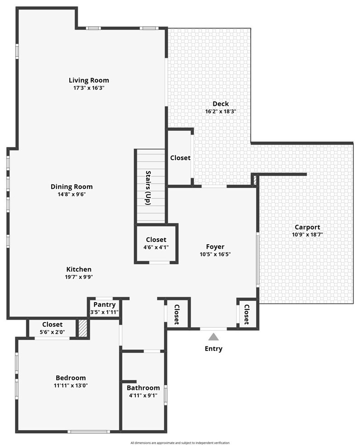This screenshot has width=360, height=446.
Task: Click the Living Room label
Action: [89, 80]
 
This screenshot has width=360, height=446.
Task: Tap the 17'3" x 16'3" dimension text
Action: [89, 88]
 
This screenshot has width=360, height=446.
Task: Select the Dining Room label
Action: [71, 187]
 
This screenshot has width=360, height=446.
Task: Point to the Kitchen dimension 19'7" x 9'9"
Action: [79, 277]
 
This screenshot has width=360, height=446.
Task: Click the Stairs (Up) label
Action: [148, 188]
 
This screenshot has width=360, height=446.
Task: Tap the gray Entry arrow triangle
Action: [213, 337]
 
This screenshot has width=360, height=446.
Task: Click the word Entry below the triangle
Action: [213, 349]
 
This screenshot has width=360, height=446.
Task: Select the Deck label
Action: [221, 104]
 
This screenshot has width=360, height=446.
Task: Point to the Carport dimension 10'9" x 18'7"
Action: [308, 235]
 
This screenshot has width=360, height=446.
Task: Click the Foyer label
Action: [215, 247]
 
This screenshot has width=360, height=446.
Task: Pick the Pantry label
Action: [104, 304]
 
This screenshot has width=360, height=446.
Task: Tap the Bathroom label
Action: [143, 388]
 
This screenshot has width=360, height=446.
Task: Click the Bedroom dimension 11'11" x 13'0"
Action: [71, 386]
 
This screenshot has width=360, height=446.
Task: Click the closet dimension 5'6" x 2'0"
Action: [52, 332]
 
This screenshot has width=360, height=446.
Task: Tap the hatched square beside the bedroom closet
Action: [83, 329]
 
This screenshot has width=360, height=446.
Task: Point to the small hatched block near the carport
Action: [255, 180]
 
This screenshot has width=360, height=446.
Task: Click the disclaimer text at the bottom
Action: [180, 443]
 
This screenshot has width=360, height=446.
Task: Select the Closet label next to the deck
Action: [180, 158]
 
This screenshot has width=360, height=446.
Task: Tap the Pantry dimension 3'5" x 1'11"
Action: [104, 312]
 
